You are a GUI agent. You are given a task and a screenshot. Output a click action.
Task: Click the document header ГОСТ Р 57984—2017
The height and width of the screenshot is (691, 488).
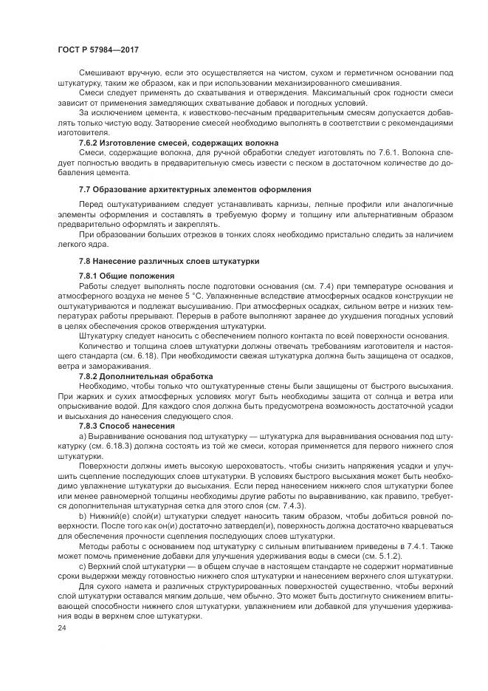click(x=97, y=50)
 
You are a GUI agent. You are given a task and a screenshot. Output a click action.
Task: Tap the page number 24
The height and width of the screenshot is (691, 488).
click(x=61, y=627)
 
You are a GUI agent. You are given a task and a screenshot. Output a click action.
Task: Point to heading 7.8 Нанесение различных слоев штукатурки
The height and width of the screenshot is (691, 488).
click(x=170, y=261)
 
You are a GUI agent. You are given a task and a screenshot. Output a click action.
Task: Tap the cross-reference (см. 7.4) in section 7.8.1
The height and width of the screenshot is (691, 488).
click(x=288, y=285)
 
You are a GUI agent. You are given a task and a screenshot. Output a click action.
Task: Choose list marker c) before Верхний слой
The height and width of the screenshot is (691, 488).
click(x=83, y=565)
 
